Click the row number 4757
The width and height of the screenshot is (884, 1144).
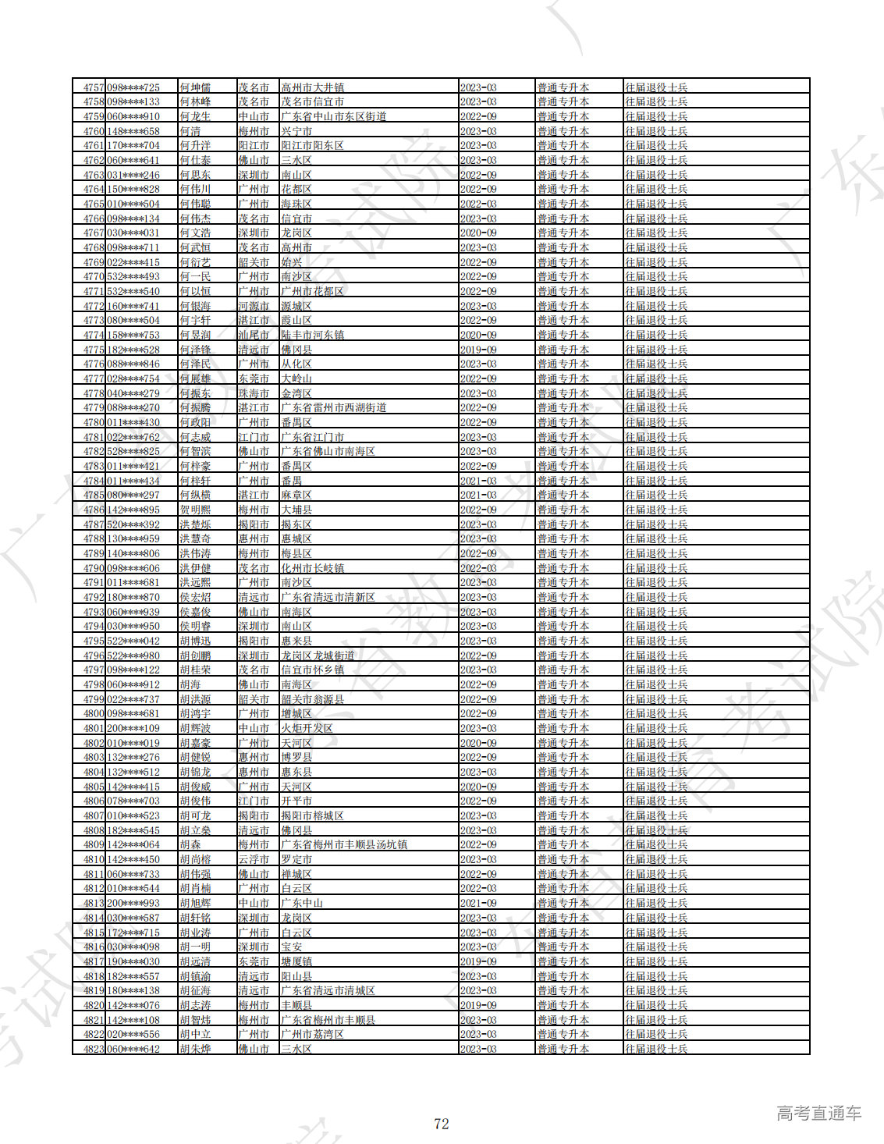point(93,87)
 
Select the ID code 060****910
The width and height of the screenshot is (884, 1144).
point(133,116)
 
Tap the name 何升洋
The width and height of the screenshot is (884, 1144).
point(194,145)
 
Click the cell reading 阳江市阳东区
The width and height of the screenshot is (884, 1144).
point(312,145)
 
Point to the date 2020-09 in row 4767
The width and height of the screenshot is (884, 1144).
point(478,233)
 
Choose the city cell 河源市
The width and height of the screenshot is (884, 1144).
point(254,306)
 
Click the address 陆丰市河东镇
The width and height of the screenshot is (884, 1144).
point(312,335)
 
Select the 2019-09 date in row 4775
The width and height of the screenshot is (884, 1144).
point(478,350)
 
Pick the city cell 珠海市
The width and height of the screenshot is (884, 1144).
point(254,393)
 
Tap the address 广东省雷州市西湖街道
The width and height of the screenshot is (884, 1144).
point(333,407)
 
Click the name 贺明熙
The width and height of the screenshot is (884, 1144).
point(194,510)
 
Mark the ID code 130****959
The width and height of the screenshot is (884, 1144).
point(133,538)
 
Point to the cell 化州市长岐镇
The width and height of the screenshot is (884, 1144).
point(312,568)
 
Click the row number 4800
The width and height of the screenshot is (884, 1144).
point(93,713)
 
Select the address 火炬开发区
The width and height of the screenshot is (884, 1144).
point(307,728)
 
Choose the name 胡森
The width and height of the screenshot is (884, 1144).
point(190,844)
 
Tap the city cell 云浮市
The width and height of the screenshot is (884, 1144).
point(254,859)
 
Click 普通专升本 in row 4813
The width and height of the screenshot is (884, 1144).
point(563,903)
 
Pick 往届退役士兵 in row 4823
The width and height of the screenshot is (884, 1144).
point(655,1049)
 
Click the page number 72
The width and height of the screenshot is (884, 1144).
point(442,1124)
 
